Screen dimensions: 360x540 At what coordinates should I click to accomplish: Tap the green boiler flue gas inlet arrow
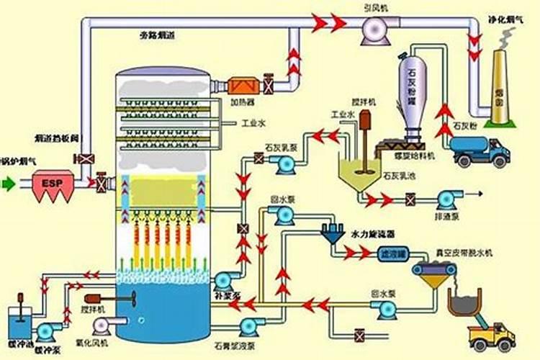[8, 184]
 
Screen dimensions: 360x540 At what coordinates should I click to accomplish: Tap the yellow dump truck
[492, 335]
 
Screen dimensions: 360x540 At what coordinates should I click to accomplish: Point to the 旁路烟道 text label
[156, 35]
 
